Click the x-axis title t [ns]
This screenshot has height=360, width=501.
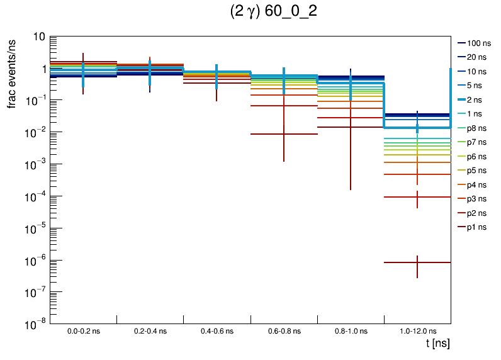(437, 344)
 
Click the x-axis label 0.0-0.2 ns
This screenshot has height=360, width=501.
(83, 331)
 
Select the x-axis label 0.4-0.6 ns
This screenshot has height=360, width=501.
(217, 331)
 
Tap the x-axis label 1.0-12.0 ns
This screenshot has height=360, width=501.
(417, 331)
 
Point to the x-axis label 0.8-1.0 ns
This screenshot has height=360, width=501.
(350, 331)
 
